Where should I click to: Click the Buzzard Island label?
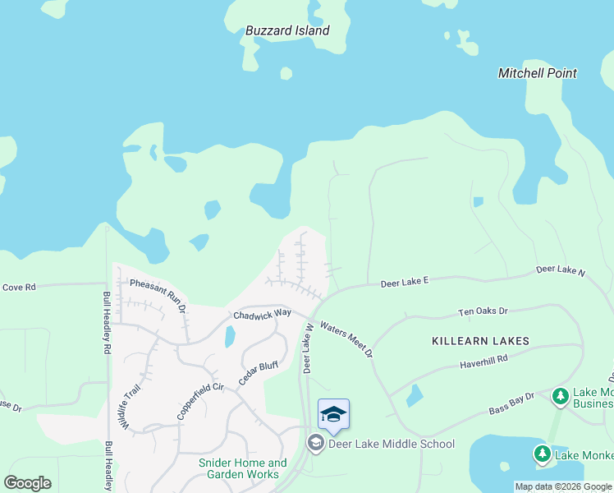click(287, 31)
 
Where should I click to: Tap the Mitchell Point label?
click(538, 73)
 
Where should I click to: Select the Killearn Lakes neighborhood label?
click(480, 340)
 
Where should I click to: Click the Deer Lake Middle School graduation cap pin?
click(333, 413)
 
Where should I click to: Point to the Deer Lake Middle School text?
click(391, 445)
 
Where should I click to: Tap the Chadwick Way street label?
click(262, 314)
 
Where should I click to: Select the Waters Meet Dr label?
click(346, 339)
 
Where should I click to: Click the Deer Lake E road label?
click(405, 283)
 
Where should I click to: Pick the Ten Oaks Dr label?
click(483, 312)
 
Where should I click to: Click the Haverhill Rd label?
click(483, 359)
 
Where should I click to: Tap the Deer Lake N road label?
click(561, 270)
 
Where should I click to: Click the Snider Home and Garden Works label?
click(243, 468)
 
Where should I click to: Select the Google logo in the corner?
click(27, 483)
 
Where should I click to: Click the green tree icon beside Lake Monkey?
click(542, 454)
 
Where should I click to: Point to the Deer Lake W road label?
click(309, 348)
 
